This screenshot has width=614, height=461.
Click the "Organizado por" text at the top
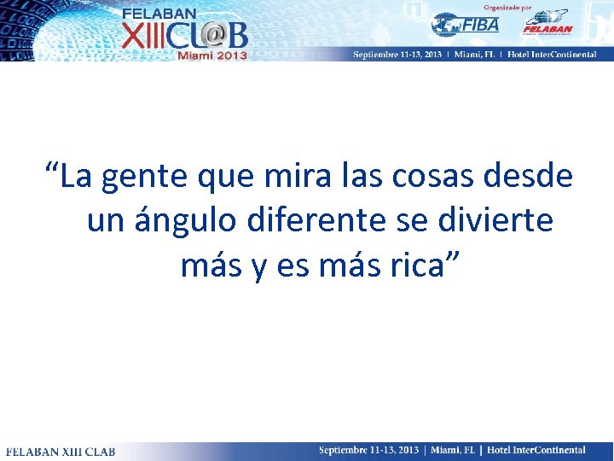pos(507,7)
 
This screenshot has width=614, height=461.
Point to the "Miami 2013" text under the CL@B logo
pos(212,55)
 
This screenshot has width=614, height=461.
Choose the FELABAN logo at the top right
pos(546,23)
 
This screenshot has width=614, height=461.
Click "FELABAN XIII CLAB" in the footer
pos(61,451)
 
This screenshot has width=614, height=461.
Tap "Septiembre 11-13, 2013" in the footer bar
pos(368,450)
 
